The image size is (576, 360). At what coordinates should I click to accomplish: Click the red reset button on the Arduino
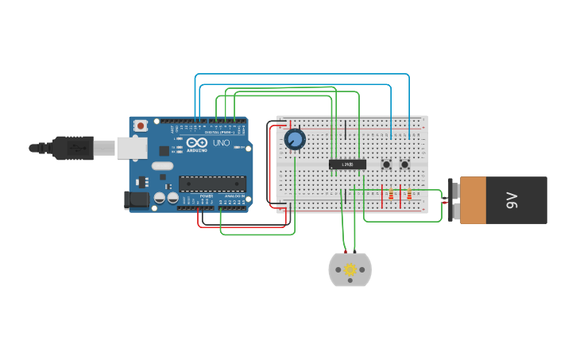point(141,126)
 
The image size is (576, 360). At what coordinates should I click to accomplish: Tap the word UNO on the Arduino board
point(222,143)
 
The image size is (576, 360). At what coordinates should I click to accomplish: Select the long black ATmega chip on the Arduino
point(212,184)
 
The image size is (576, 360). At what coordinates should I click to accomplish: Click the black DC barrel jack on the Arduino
point(136,200)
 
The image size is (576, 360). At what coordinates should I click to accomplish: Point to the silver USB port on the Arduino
point(132,147)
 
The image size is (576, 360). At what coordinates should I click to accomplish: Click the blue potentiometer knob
point(295,140)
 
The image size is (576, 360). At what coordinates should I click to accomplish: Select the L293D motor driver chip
point(347,165)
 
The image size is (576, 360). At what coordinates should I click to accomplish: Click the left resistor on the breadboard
point(390,194)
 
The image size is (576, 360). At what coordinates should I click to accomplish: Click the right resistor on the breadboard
point(409,194)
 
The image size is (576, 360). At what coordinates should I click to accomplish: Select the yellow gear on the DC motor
point(350,270)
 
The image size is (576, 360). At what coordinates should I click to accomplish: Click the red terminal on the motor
point(346,252)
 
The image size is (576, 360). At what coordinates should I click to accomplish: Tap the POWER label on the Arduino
point(206,195)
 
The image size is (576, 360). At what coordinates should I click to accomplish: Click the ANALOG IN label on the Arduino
point(234,195)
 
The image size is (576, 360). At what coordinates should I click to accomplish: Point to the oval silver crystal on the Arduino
point(162,166)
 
